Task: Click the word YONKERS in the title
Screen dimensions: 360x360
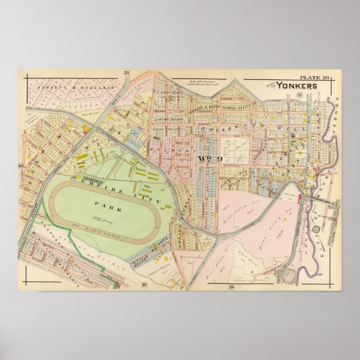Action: (300, 86)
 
